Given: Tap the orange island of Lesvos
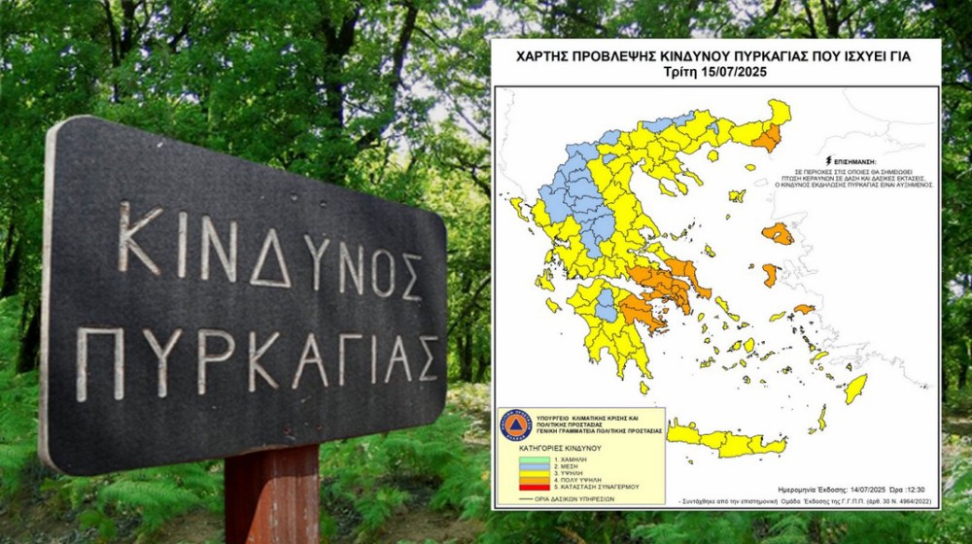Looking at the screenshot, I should [778, 234].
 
